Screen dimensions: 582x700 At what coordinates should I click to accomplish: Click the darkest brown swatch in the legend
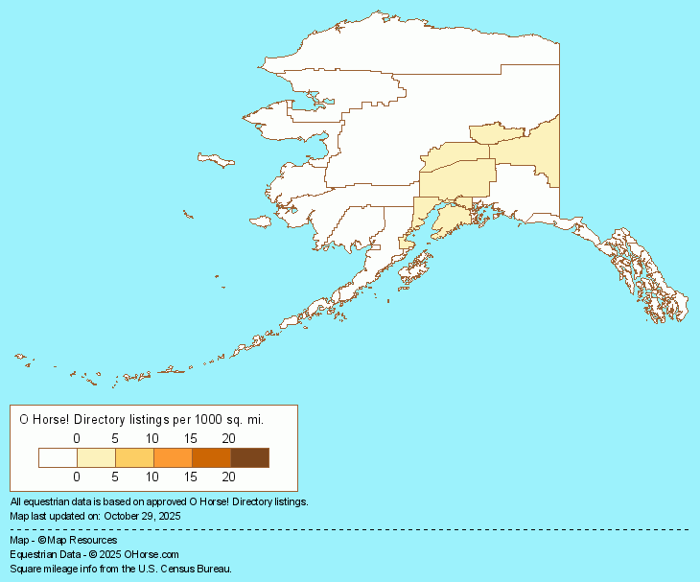tap(249, 456)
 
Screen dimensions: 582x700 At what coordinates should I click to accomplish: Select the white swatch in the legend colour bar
tap(58, 456)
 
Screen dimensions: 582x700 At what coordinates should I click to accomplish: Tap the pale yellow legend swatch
tap(96, 456)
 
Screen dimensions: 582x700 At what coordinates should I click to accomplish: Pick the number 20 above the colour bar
tap(229, 438)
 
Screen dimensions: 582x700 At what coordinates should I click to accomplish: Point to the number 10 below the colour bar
tap(152, 476)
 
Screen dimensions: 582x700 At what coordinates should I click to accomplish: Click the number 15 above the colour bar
tap(191, 438)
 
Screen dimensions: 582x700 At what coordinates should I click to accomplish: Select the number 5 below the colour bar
tap(115, 476)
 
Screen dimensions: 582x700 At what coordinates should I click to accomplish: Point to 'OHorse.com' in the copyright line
tap(152, 554)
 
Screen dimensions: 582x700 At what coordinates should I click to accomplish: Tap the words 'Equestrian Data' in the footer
tap(42, 554)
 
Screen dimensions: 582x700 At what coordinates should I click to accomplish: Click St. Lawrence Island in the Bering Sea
tap(216, 160)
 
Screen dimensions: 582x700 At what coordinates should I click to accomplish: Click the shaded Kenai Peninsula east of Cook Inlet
tap(451, 222)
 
